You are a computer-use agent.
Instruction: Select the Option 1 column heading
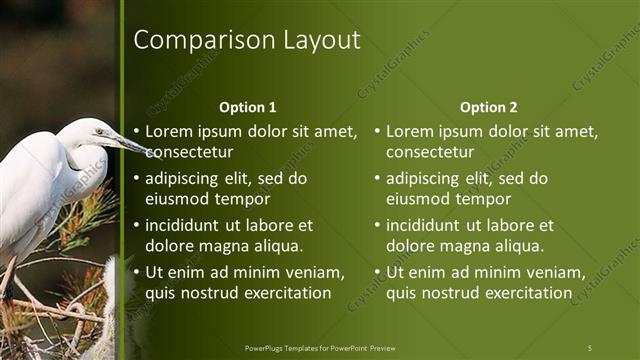coord(247,107)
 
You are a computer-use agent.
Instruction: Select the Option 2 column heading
coord(488,107)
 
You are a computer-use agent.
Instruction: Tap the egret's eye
coord(99,131)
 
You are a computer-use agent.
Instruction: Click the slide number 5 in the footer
coord(590,347)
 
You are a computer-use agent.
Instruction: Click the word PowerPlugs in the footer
coord(266,347)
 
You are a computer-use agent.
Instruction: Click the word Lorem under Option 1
coord(169,131)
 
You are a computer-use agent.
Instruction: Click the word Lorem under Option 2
coord(410,131)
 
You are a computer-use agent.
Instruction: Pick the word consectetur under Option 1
coord(190,152)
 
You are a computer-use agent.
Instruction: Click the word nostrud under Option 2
coord(456,293)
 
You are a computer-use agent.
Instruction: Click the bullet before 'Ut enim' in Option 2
coord(378,272)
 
